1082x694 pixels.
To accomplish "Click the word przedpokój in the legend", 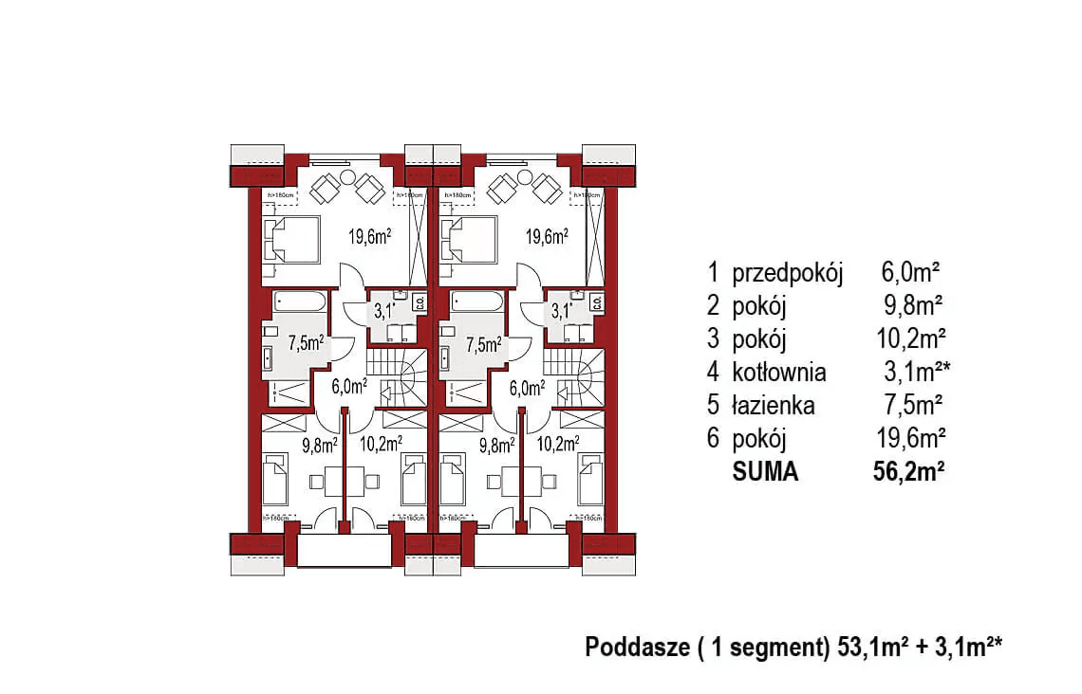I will pyautogui.click(x=788, y=274).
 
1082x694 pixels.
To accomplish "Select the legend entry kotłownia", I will pyautogui.click(x=779, y=373).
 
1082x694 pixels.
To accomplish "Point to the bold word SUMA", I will pyautogui.click(x=766, y=471).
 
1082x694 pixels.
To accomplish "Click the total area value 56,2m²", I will pyautogui.click(x=906, y=471).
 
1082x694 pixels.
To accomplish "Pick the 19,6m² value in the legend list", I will pyautogui.click(x=907, y=439).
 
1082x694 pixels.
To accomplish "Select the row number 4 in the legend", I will pyautogui.click(x=713, y=373).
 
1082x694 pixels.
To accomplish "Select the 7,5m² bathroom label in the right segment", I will pyautogui.click(x=484, y=344).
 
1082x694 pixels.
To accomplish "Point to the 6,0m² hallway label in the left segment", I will pyautogui.click(x=348, y=387).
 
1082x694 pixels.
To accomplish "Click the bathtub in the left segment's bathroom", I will pyautogui.click(x=299, y=302).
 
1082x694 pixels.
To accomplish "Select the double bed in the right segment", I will pyautogui.click(x=473, y=239).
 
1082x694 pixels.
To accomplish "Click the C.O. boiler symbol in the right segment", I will pyautogui.click(x=596, y=303).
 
